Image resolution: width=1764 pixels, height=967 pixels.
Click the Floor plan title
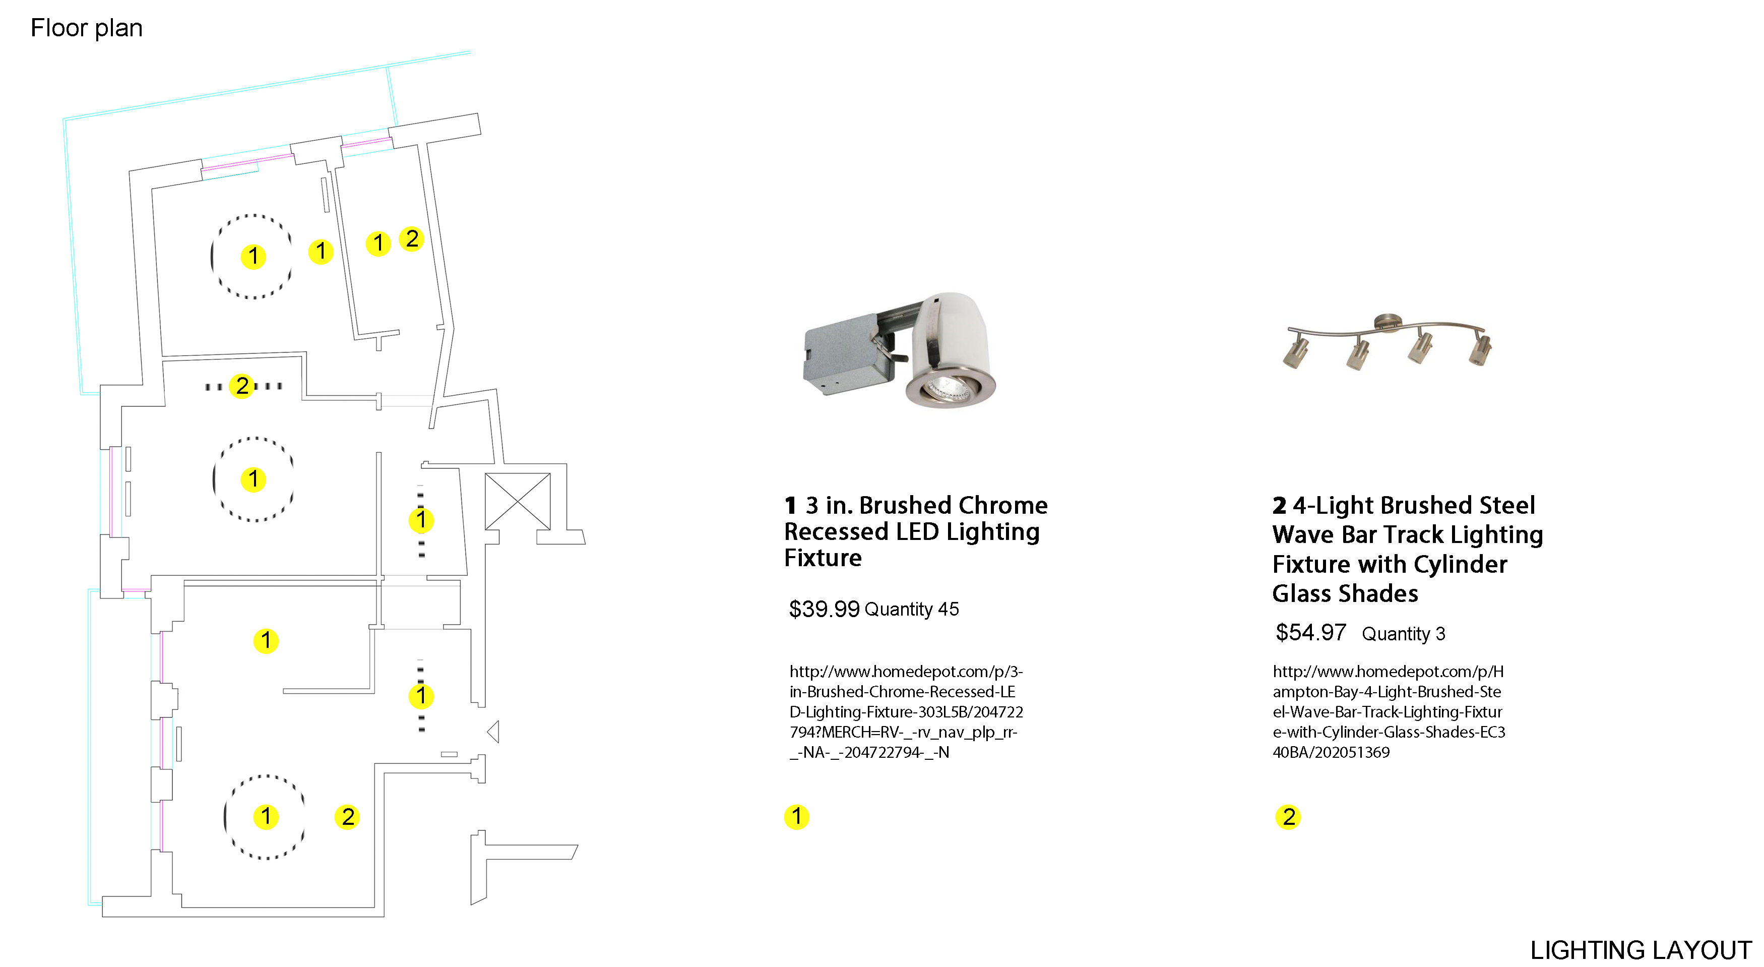86,28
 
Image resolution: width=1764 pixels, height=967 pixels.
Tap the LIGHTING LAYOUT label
1640,950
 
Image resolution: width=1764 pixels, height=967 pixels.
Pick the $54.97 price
1310,632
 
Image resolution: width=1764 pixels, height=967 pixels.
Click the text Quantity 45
911,609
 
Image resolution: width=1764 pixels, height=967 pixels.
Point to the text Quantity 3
1403,633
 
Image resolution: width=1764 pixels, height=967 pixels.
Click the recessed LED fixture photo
899,350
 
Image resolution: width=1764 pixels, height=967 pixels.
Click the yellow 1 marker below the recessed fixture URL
796,816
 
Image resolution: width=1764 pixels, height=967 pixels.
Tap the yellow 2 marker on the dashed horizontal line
242,386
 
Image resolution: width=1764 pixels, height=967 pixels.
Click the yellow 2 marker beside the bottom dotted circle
347,816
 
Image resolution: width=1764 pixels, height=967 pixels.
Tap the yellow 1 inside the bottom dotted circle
266,816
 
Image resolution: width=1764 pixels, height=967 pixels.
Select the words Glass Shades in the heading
1345,593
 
